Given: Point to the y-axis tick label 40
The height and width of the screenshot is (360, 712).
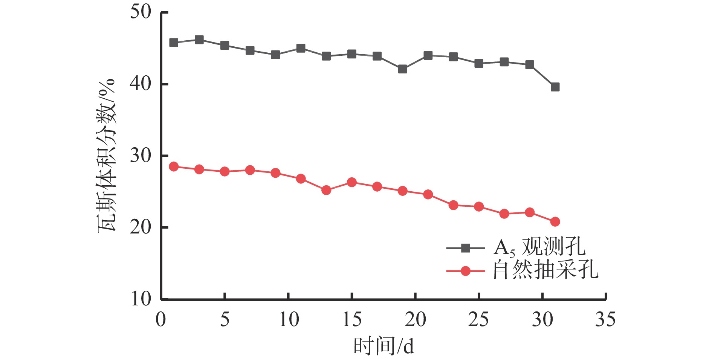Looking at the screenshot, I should pyautogui.click(x=141, y=84).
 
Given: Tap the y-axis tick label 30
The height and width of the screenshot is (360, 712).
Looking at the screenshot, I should pyautogui.click(x=141, y=156).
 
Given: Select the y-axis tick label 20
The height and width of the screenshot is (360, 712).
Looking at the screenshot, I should pyautogui.click(x=141, y=227).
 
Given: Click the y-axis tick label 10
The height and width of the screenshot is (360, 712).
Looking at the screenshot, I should pyautogui.click(x=141, y=299).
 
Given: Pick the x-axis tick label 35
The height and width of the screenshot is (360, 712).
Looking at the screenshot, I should pyautogui.click(x=605, y=319).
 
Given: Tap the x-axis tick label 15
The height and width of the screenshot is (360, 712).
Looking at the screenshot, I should pyautogui.click(x=351, y=319).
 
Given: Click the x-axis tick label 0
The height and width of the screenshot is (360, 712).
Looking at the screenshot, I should pyautogui.click(x=161, y=319).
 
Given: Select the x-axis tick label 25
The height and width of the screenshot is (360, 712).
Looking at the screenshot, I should pyautogui.click(x=478, y=319).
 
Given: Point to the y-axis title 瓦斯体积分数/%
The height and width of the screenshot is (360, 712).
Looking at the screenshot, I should pyautogui.click(x=107, y=156).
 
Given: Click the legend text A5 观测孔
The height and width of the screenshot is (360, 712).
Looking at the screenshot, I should pyautogui.click(x=539, y=247).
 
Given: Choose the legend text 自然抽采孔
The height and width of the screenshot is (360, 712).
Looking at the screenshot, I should pyautogui.click(x=545, y=270).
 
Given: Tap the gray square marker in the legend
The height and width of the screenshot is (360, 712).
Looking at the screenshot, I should pyautogui.click(x=466, y=248).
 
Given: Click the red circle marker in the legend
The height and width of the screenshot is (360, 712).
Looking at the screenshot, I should pyautogui.click(x=466, y=271).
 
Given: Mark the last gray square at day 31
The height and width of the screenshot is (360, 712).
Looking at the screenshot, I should pyautogui.click(x=555, y=87).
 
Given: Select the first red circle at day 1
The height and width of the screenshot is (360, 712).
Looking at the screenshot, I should pyautogui.click(x=174, y=166).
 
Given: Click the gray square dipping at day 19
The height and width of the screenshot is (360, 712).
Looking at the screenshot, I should pyautogui.click(x=402, y=69).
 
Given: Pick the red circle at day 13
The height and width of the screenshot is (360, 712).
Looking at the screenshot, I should pyautogui.click(x=326, y=190).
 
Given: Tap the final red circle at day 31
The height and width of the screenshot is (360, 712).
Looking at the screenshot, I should pyautogui.click(x=555, y=221).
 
